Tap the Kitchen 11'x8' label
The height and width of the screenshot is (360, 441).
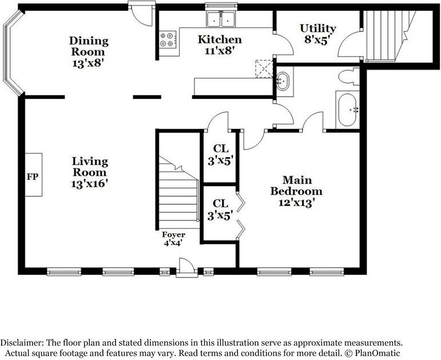point(220,45)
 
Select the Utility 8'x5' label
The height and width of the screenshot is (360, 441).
point(317,34)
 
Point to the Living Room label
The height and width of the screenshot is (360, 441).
point(90,172)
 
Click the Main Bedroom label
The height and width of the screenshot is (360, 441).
point(296,191)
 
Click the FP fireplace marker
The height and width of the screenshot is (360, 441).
point(33,176)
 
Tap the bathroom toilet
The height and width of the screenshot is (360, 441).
point(347,76)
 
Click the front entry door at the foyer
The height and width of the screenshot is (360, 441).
point(185,268)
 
